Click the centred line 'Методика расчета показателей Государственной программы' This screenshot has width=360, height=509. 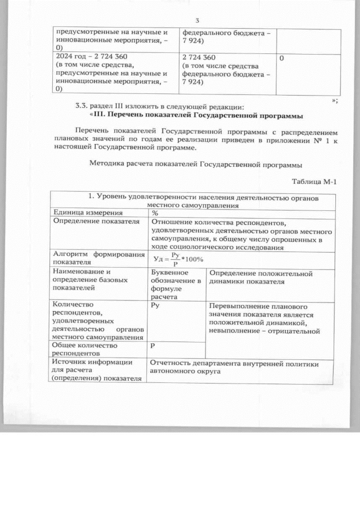tap(196, 165)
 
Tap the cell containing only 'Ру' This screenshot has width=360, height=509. tap(156, 305)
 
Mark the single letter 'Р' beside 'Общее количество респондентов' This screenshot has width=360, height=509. tap(154, 346)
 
